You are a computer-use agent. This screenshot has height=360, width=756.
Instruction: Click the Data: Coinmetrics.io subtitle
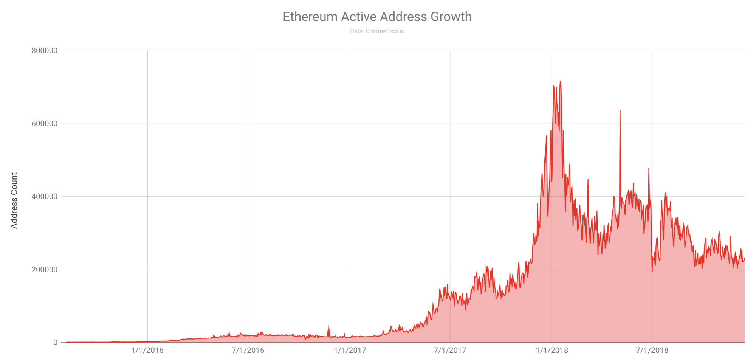point(377,31)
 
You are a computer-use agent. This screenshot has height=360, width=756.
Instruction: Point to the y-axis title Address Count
point(14,200)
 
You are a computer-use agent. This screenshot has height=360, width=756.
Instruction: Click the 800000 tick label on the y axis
point(45,51)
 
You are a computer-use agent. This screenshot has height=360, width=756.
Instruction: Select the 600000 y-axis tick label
point(45,124)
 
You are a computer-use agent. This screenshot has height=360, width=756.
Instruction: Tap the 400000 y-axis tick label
point(45,197)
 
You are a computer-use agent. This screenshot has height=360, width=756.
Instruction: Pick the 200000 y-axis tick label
point(45,270)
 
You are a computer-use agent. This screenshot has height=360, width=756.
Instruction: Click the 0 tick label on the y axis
point(55,343)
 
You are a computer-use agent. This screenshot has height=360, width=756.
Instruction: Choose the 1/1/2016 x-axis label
point(147,350)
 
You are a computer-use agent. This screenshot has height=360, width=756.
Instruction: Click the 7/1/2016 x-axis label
point(248,350)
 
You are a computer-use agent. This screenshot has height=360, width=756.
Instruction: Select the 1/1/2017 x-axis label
point(350,350)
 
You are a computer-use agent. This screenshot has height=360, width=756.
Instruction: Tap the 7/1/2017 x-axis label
point(450,350)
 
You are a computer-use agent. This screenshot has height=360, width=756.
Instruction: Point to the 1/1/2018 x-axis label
point(552,350)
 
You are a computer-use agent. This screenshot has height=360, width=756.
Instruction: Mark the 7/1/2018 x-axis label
point(652,350)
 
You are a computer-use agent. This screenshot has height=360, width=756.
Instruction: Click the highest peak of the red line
point(560,81)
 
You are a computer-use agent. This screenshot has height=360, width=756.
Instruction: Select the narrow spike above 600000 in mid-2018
point(620,110)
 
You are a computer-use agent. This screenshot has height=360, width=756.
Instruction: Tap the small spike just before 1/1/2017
point(328,327)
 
